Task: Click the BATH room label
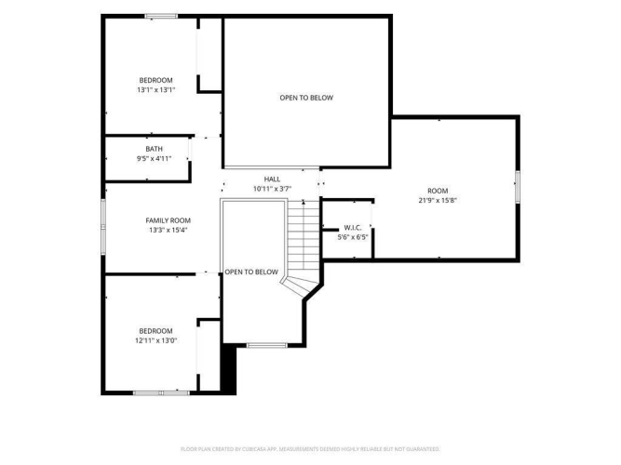154,149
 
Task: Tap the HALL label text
272,179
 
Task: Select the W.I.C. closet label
353,228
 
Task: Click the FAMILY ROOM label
168,220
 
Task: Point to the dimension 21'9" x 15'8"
438,200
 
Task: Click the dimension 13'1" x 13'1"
156,90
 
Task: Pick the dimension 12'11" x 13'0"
156,340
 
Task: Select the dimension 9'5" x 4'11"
154,159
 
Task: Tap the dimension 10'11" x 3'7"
273,189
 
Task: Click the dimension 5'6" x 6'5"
353,237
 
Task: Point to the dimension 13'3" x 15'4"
168,230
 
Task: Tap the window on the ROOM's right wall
518,187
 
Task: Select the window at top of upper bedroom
161,16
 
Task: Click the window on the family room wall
103,227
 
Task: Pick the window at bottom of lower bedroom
161,393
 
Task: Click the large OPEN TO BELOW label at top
306,98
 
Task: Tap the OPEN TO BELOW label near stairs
251,272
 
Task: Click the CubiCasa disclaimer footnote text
310,449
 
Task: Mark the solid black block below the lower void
228,369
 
